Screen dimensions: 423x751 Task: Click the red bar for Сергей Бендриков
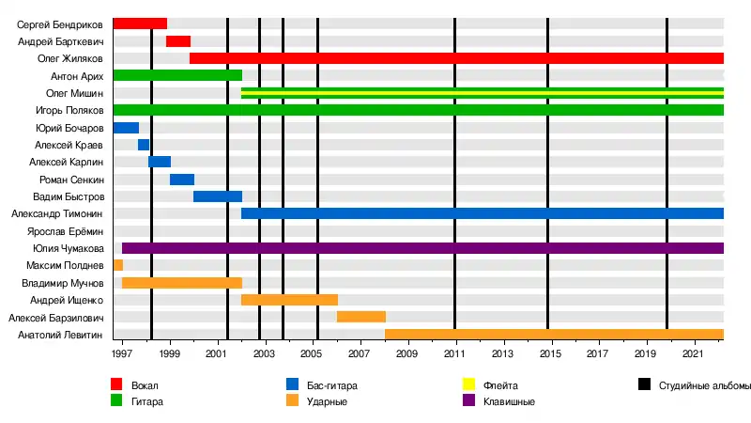pos(140,23)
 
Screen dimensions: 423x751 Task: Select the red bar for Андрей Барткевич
pos(178,41)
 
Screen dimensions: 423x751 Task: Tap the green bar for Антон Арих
pos(177,75)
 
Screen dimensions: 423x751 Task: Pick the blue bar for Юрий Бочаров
pos(126,128)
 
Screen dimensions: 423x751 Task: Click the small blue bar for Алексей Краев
pos(144,145)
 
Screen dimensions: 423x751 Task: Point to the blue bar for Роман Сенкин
pos(182,180)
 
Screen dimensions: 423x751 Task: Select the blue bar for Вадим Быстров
pos(218,196)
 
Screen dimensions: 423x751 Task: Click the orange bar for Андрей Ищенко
pos(289,300)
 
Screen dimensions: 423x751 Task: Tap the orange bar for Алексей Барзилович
pos(361,317)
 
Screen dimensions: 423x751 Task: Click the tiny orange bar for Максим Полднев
pos(118,265)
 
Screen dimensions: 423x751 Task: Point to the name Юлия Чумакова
pos(69,248)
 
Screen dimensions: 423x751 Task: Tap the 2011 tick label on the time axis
pos(455,354)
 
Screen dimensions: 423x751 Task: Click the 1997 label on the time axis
pos(122,354)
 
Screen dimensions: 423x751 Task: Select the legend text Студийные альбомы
pos(705,385)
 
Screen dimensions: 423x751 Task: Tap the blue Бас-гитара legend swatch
pos(293,384)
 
